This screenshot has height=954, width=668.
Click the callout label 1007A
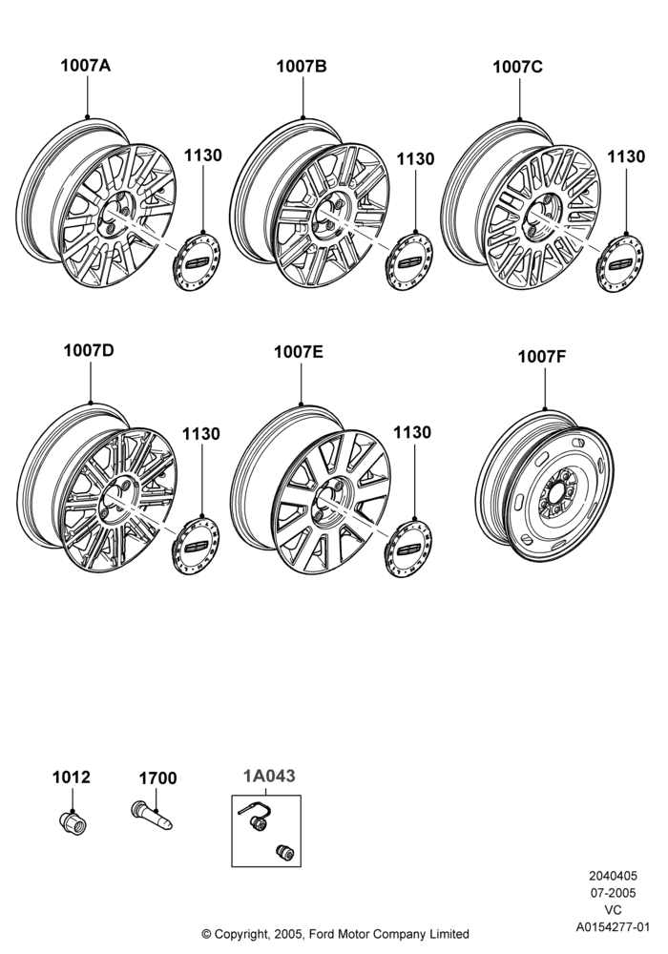[85, 65]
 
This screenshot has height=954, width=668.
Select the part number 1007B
[302, 67]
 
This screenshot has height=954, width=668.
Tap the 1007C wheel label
[517, 67]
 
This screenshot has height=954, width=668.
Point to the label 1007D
[89, 351]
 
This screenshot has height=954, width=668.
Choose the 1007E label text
[299, 352]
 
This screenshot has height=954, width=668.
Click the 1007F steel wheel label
[542, 357]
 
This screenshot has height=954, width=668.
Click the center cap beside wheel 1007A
[196, 260]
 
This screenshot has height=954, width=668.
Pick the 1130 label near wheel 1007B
[415, 159]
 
